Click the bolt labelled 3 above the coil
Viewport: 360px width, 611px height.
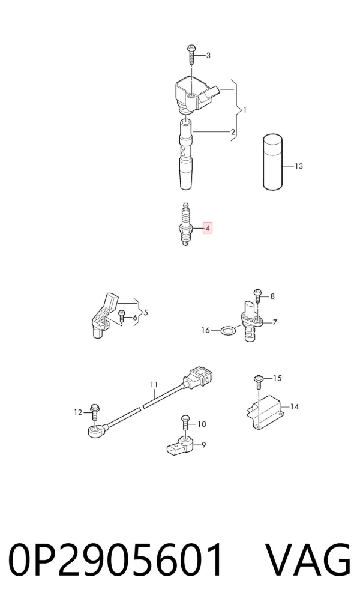(191, 55)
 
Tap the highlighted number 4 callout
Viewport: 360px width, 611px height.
(208, 228)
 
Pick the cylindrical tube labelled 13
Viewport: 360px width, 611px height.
(272, 162)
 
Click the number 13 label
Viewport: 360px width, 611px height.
(298, 166)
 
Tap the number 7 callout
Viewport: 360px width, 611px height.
(275, 322)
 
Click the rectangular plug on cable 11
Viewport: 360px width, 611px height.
(199, 377)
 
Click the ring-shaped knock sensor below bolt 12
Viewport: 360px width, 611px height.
(94, 431)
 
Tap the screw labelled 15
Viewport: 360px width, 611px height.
(258, 381)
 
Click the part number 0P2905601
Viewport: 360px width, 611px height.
(116, 561)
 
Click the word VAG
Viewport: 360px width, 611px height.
(308, 561)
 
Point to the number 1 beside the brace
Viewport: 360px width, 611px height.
(245, 110)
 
